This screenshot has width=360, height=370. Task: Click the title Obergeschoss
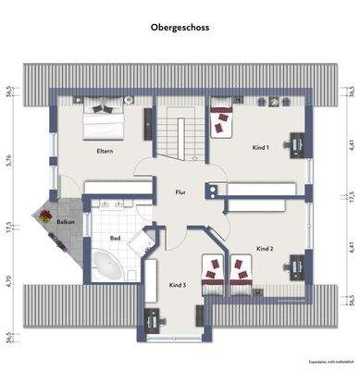pos(180,29)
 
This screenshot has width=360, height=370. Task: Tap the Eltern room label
pos(105,151)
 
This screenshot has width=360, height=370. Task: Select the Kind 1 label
pos(261,147)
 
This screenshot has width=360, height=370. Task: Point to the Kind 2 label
pos(265,248)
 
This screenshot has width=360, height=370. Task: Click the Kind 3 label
pos(178,285)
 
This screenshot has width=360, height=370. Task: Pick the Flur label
pos(180,192)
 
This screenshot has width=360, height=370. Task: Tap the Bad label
pos(116,239)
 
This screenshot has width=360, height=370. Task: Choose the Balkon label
pos(65,223)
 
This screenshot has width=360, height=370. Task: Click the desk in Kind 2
pos(296,265)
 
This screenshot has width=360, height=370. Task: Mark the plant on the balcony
pos(44,215)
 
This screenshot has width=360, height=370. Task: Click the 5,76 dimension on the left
pos(7,160)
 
